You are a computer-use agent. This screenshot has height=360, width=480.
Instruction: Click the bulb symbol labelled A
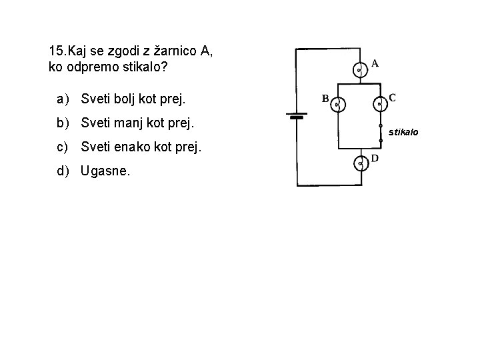(359, 69)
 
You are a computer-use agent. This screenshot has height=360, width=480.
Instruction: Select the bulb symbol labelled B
(339, 103)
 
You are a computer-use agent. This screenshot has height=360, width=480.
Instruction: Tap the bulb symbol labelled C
(379, 103)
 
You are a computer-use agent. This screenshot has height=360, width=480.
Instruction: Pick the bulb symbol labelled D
(360, 163)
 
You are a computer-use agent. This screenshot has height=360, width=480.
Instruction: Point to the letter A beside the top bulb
(375, 64)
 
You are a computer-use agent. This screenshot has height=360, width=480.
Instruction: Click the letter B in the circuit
(326, 99)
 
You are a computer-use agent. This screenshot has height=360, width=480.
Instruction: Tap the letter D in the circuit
(375, 159)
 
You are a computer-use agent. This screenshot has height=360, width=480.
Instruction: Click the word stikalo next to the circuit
(404, 133)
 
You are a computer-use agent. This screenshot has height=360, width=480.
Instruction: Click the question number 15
(57, 51)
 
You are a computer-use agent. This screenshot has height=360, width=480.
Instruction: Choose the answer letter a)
(63, 100)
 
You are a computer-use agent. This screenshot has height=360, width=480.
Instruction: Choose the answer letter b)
(63, 123)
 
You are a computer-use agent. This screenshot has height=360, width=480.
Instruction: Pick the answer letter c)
(63, 147)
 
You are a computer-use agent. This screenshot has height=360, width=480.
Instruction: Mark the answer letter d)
(63, 171)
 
